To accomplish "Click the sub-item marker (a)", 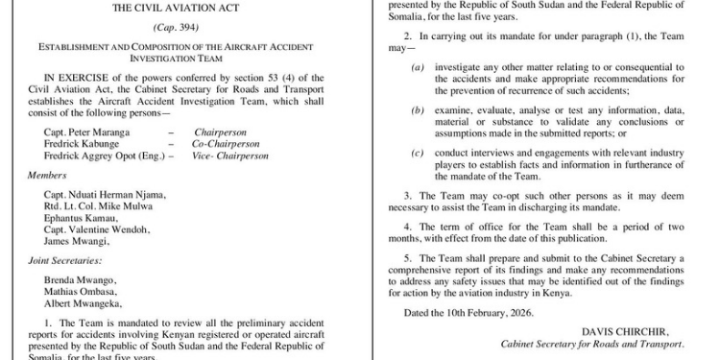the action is (418, 66).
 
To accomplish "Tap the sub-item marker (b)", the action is (418, 110).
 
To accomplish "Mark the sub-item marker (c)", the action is (418, 153).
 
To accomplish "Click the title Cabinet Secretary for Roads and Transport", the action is (592, 344).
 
